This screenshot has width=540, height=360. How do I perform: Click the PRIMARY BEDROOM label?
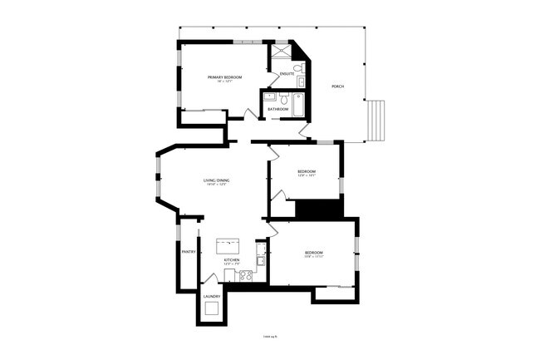[x=224, y=77]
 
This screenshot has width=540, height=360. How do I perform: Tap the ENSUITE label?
[x=287, y=74]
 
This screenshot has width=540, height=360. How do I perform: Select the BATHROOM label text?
[x=277, y=109]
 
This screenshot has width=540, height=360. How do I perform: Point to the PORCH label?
[x=337, y=86]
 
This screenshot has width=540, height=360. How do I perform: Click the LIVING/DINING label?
[x=216, y=180]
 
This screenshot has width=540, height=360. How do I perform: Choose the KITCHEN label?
[x=232, y=260]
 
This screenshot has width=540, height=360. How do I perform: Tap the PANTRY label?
[x=189, y=251]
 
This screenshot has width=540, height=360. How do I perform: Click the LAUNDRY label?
[x=211, y=296]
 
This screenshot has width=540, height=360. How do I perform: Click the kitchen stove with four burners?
[x=244, y=276]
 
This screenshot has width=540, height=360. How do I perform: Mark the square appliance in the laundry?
[x=212, y=309]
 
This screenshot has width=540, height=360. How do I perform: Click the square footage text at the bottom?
[x=269, y=337]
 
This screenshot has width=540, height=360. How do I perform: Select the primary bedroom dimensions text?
[x=224, y=81]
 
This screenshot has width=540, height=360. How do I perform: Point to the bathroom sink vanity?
[x=269, y=96]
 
